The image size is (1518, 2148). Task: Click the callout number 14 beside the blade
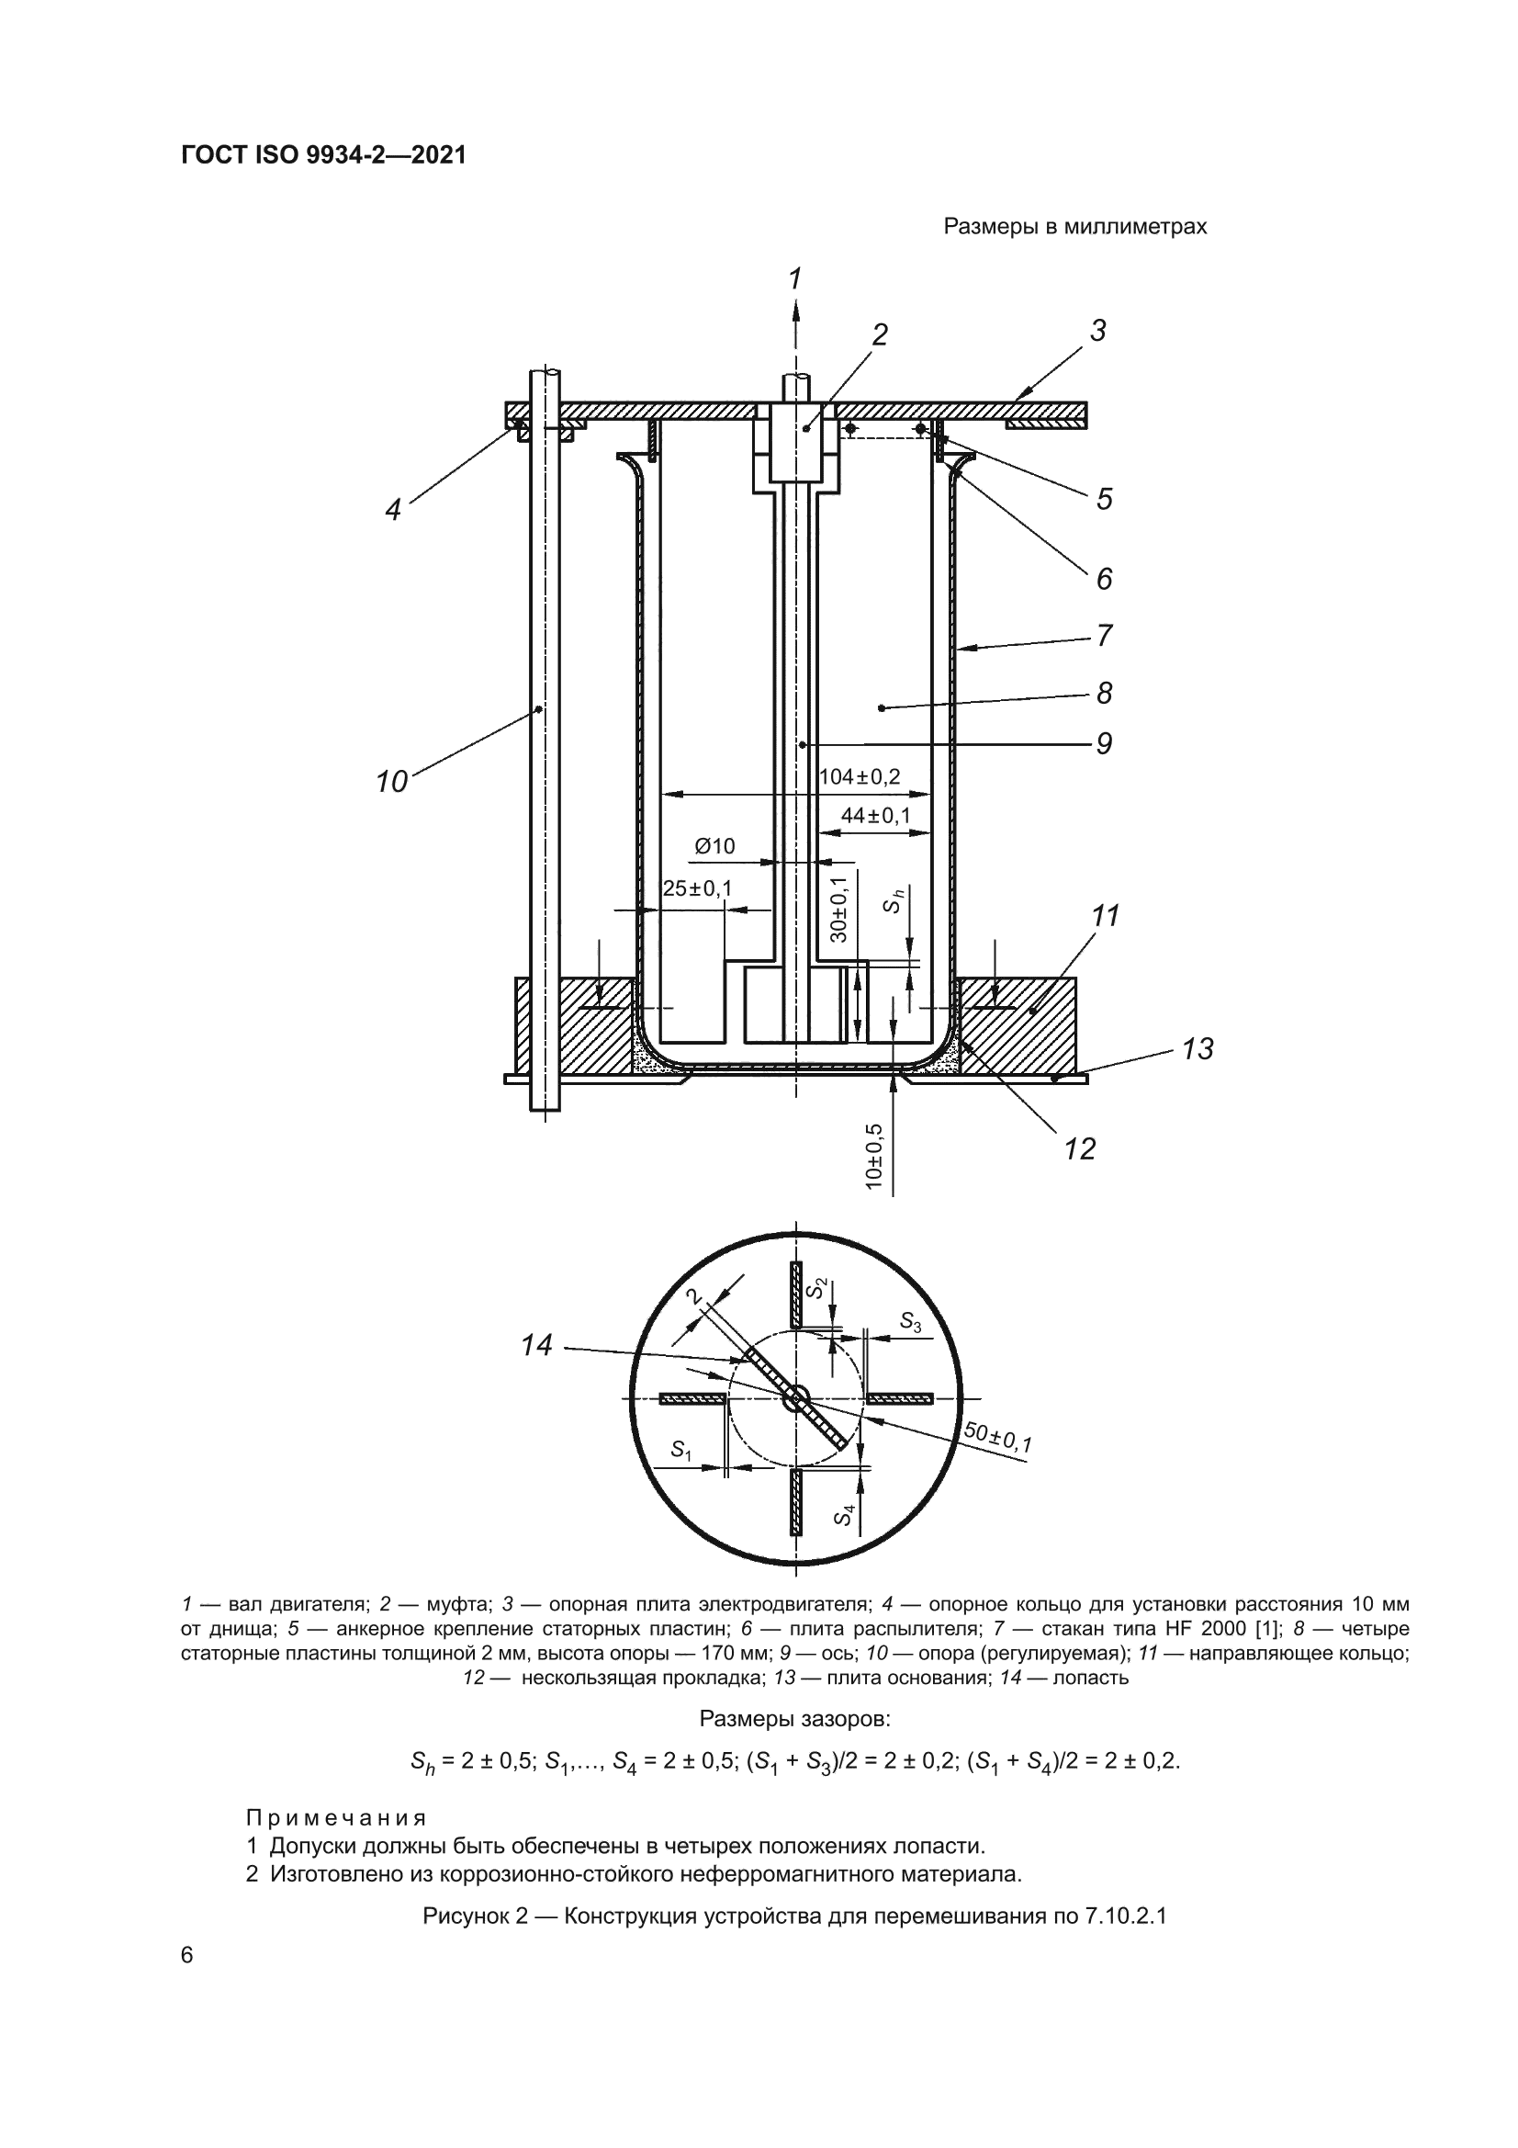[537, 1345]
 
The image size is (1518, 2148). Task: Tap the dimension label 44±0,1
[874, 816]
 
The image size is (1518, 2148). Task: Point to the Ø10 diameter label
[714, 847]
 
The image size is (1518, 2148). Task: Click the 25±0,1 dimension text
[697, 887]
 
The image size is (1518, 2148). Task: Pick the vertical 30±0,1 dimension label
[839, 910]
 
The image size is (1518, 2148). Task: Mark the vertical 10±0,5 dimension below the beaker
[874, 1156]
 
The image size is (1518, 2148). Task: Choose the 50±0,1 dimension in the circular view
[998, 1438]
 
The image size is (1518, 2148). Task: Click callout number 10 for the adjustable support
[392, 781]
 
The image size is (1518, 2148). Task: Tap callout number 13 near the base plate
[1198, 1049]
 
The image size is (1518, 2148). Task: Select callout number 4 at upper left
[393, 510]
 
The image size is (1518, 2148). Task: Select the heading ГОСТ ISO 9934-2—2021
[323, 155]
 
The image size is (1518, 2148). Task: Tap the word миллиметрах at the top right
[1136, 226]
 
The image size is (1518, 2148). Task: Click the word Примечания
[336, 1819]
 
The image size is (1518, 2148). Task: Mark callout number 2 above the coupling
[879, 334]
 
